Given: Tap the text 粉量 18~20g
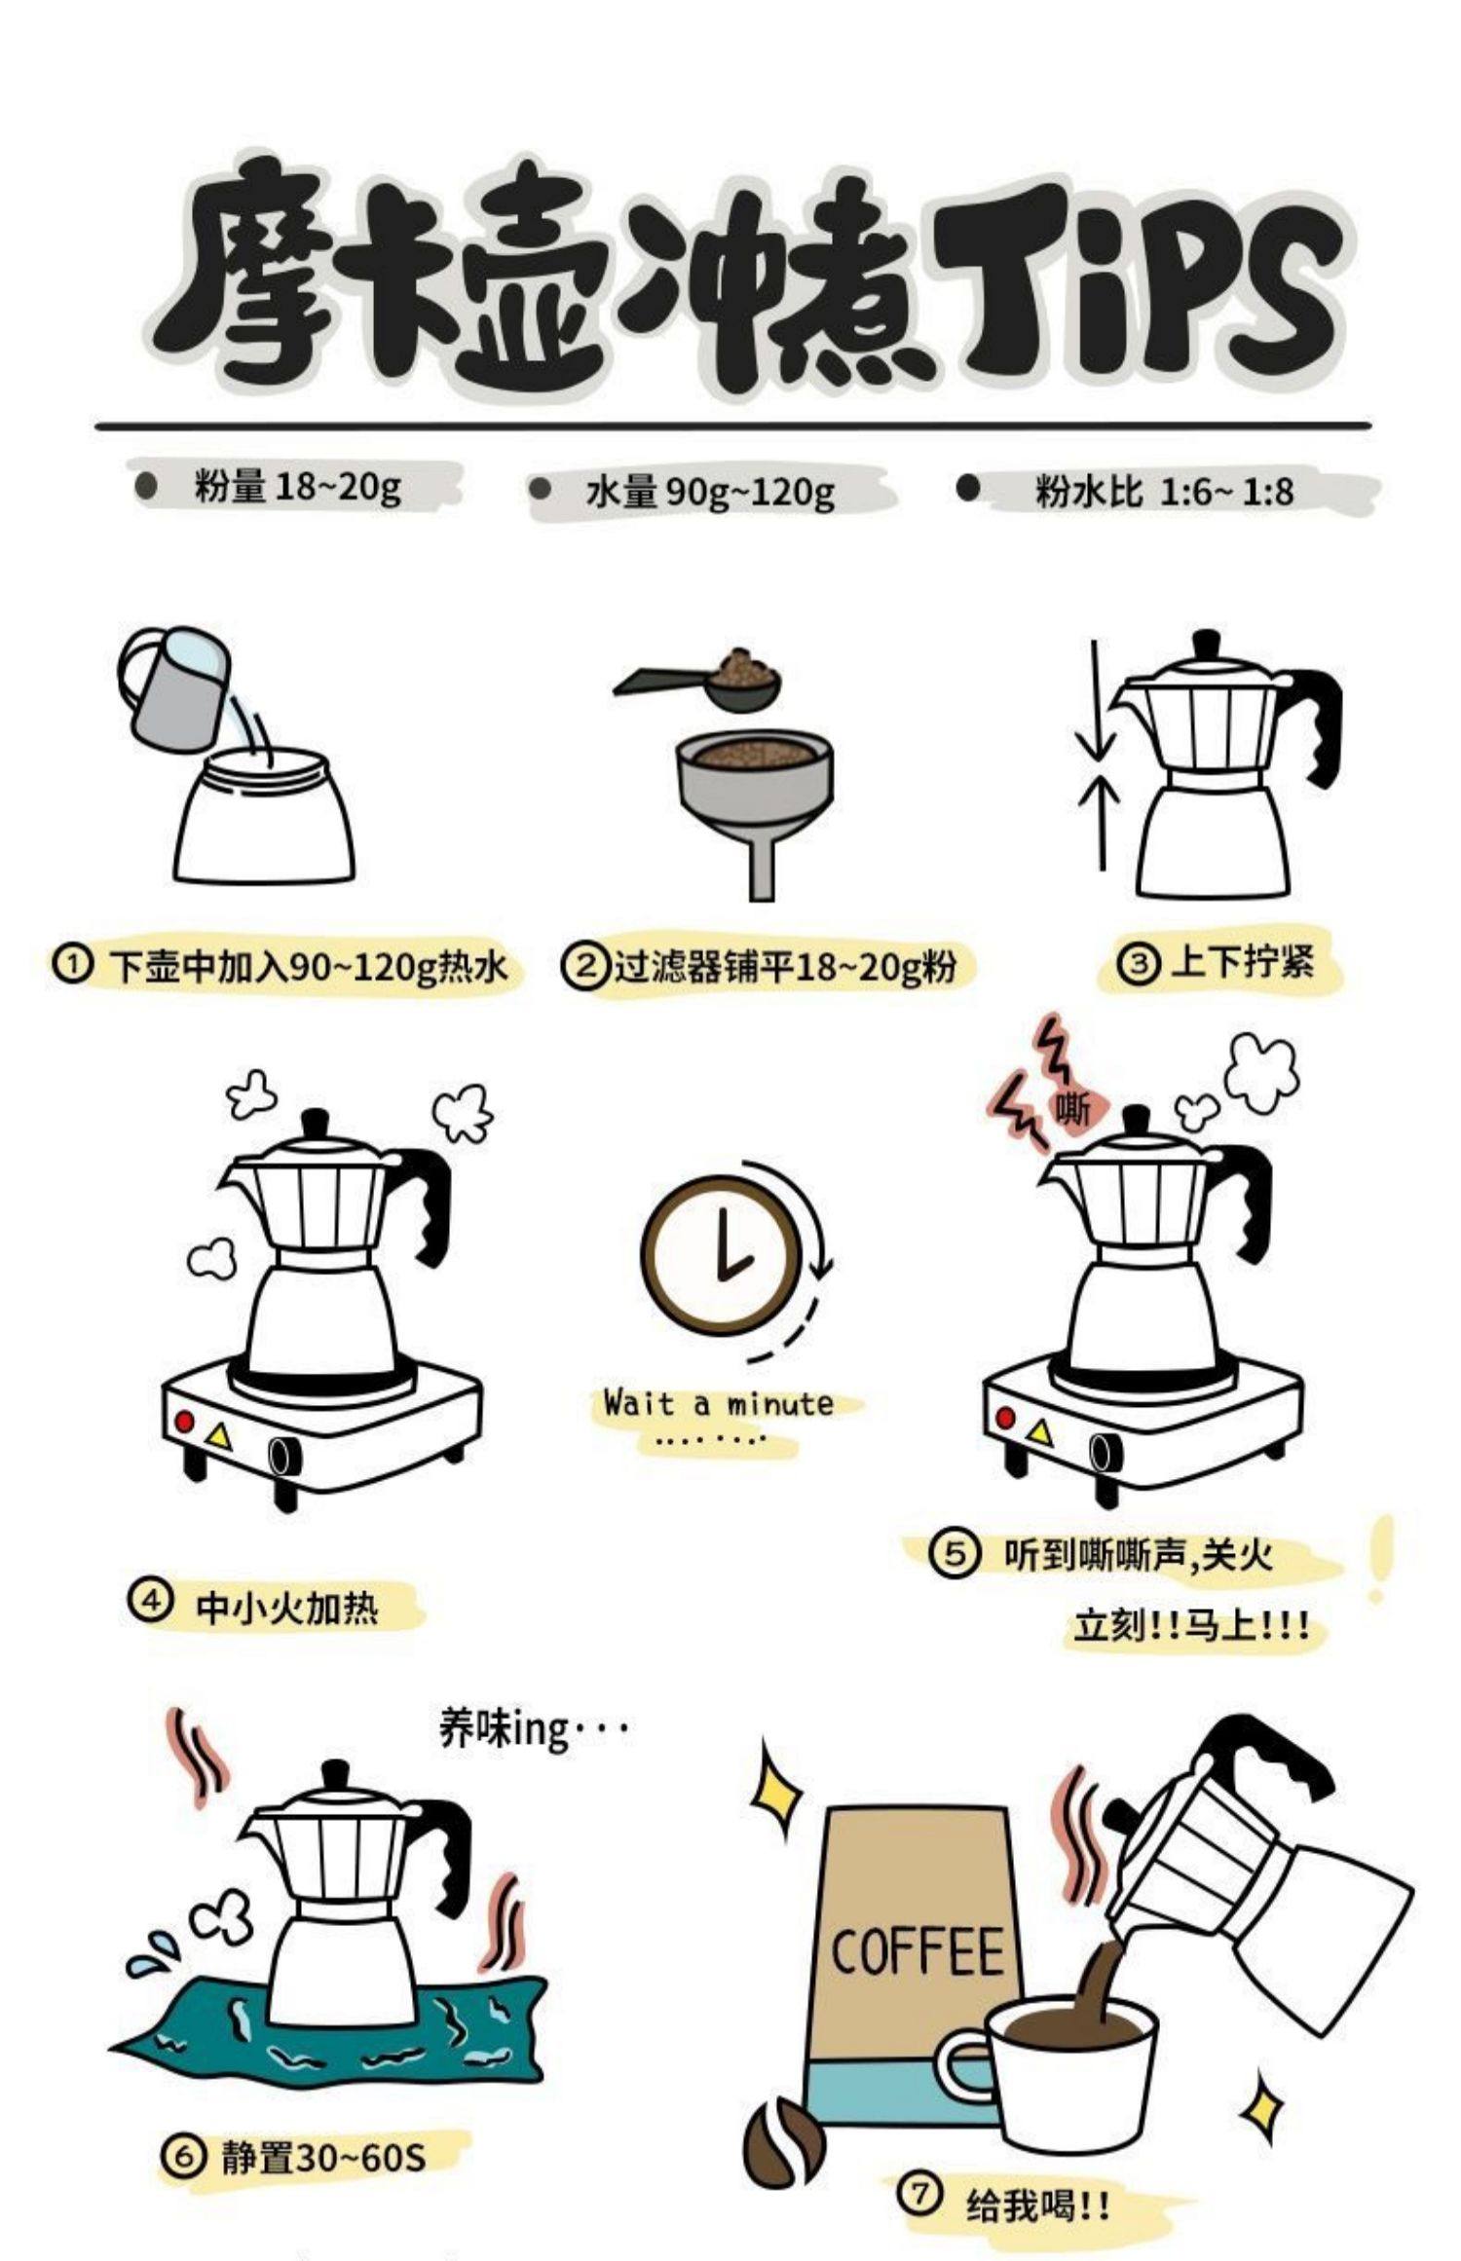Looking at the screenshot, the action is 297,486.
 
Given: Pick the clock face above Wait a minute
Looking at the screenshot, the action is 722,1252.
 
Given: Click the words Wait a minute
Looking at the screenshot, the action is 719,1404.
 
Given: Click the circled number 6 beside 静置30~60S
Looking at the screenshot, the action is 184,2157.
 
